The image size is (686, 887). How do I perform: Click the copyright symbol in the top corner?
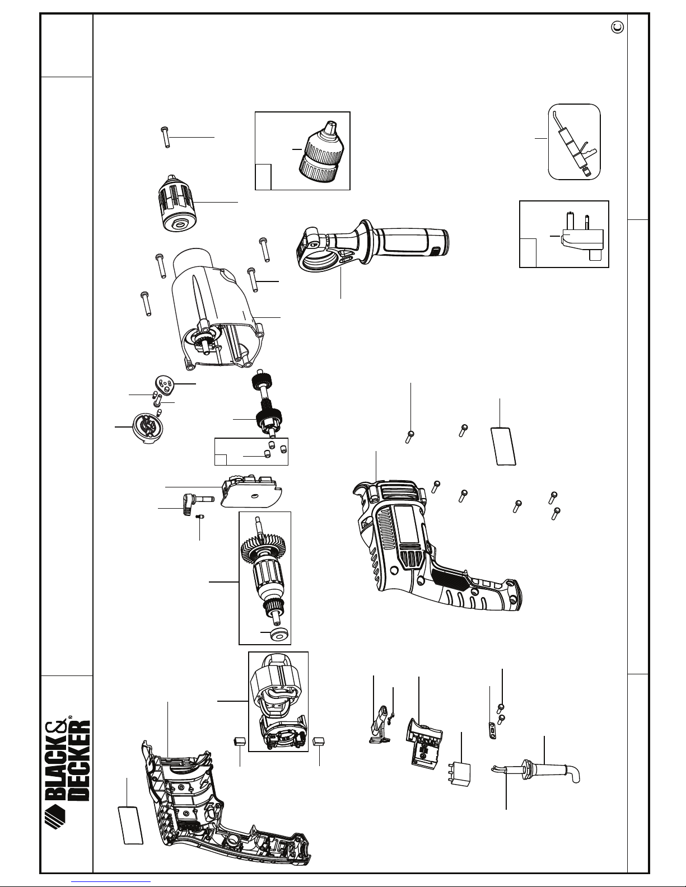pyautogui.click(x=618, y=26)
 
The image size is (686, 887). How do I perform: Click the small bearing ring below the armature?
pyautogui.click(x=277, y=633)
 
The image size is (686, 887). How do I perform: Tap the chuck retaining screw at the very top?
pyautogui.click(x=165, y=136)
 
